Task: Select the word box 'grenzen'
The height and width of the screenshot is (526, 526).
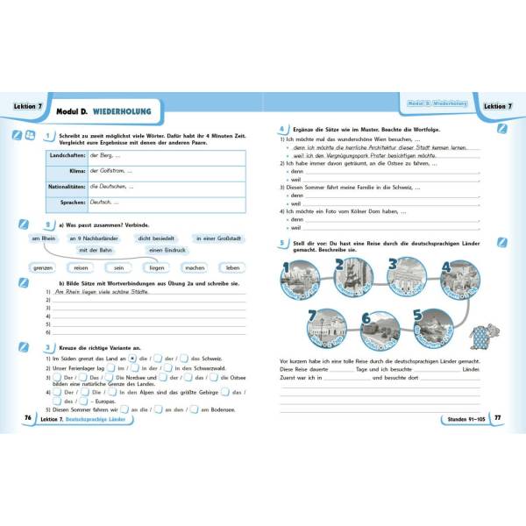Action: click(x=44, y=267)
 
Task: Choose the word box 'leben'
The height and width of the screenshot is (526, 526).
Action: click(x=231, y=267)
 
